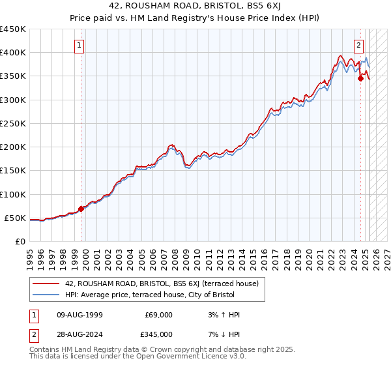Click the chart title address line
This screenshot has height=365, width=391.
tap(195, 7)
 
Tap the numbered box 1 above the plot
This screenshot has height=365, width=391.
tap(79, 46)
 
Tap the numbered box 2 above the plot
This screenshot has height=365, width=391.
tap(358, 46)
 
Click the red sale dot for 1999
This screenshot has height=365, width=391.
tap(81, 209)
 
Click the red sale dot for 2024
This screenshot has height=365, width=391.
tap(361, 79)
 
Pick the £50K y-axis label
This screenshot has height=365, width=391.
tap(16, 218)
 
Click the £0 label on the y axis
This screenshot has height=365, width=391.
tap(20, 241)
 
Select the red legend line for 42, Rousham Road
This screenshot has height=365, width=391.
tap(46, 284)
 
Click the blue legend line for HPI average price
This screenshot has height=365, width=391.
tap(46, 295)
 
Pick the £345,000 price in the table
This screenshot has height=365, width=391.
tap(158, 334)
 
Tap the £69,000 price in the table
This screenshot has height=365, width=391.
tap(158, 315)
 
